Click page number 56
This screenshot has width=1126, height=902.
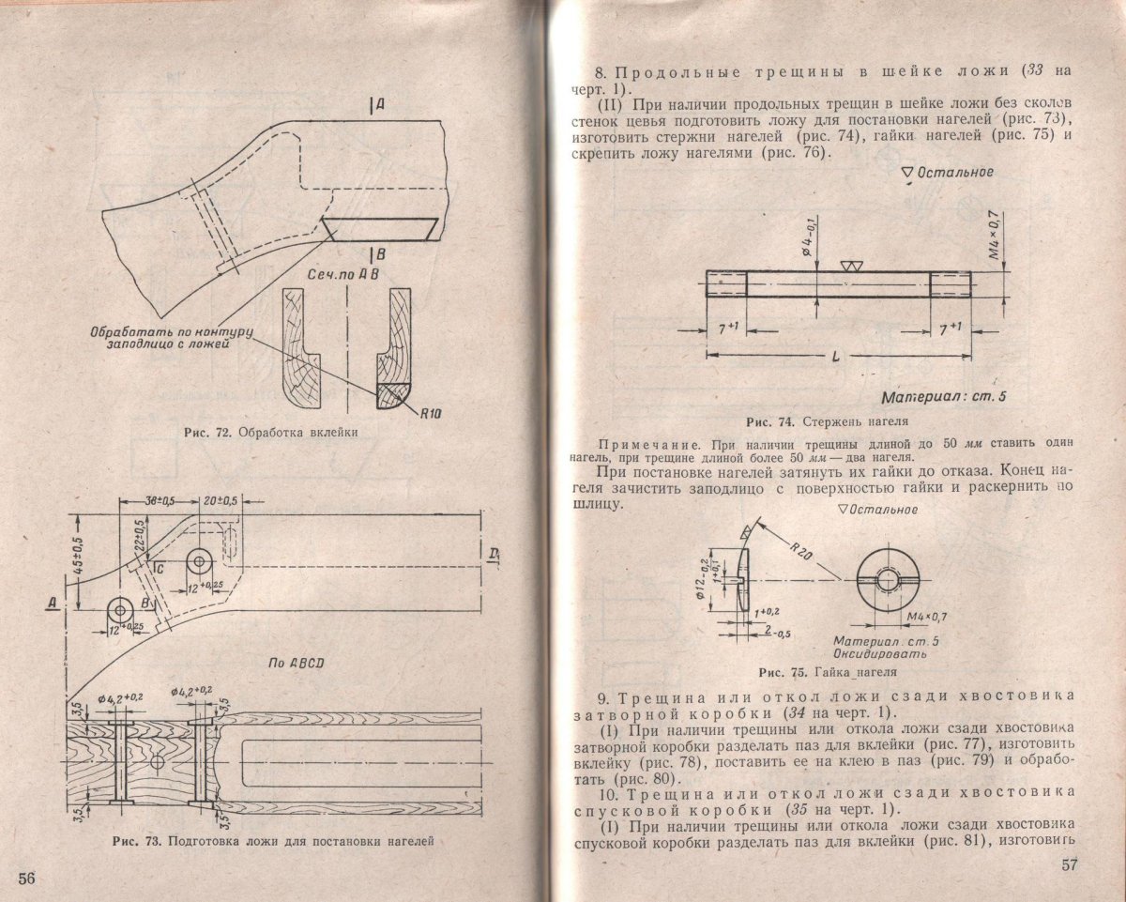point(26,878)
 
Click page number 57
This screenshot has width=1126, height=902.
point(1069,864)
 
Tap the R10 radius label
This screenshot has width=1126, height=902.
point(431,414)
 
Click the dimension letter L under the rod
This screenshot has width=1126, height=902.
point(836,357)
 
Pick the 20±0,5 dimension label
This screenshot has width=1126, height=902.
point(220,500)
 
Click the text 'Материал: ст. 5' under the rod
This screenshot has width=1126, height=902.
point(944,397)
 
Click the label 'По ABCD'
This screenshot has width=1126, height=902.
point(297,664)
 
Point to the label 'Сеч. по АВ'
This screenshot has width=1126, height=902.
point(342,274)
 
